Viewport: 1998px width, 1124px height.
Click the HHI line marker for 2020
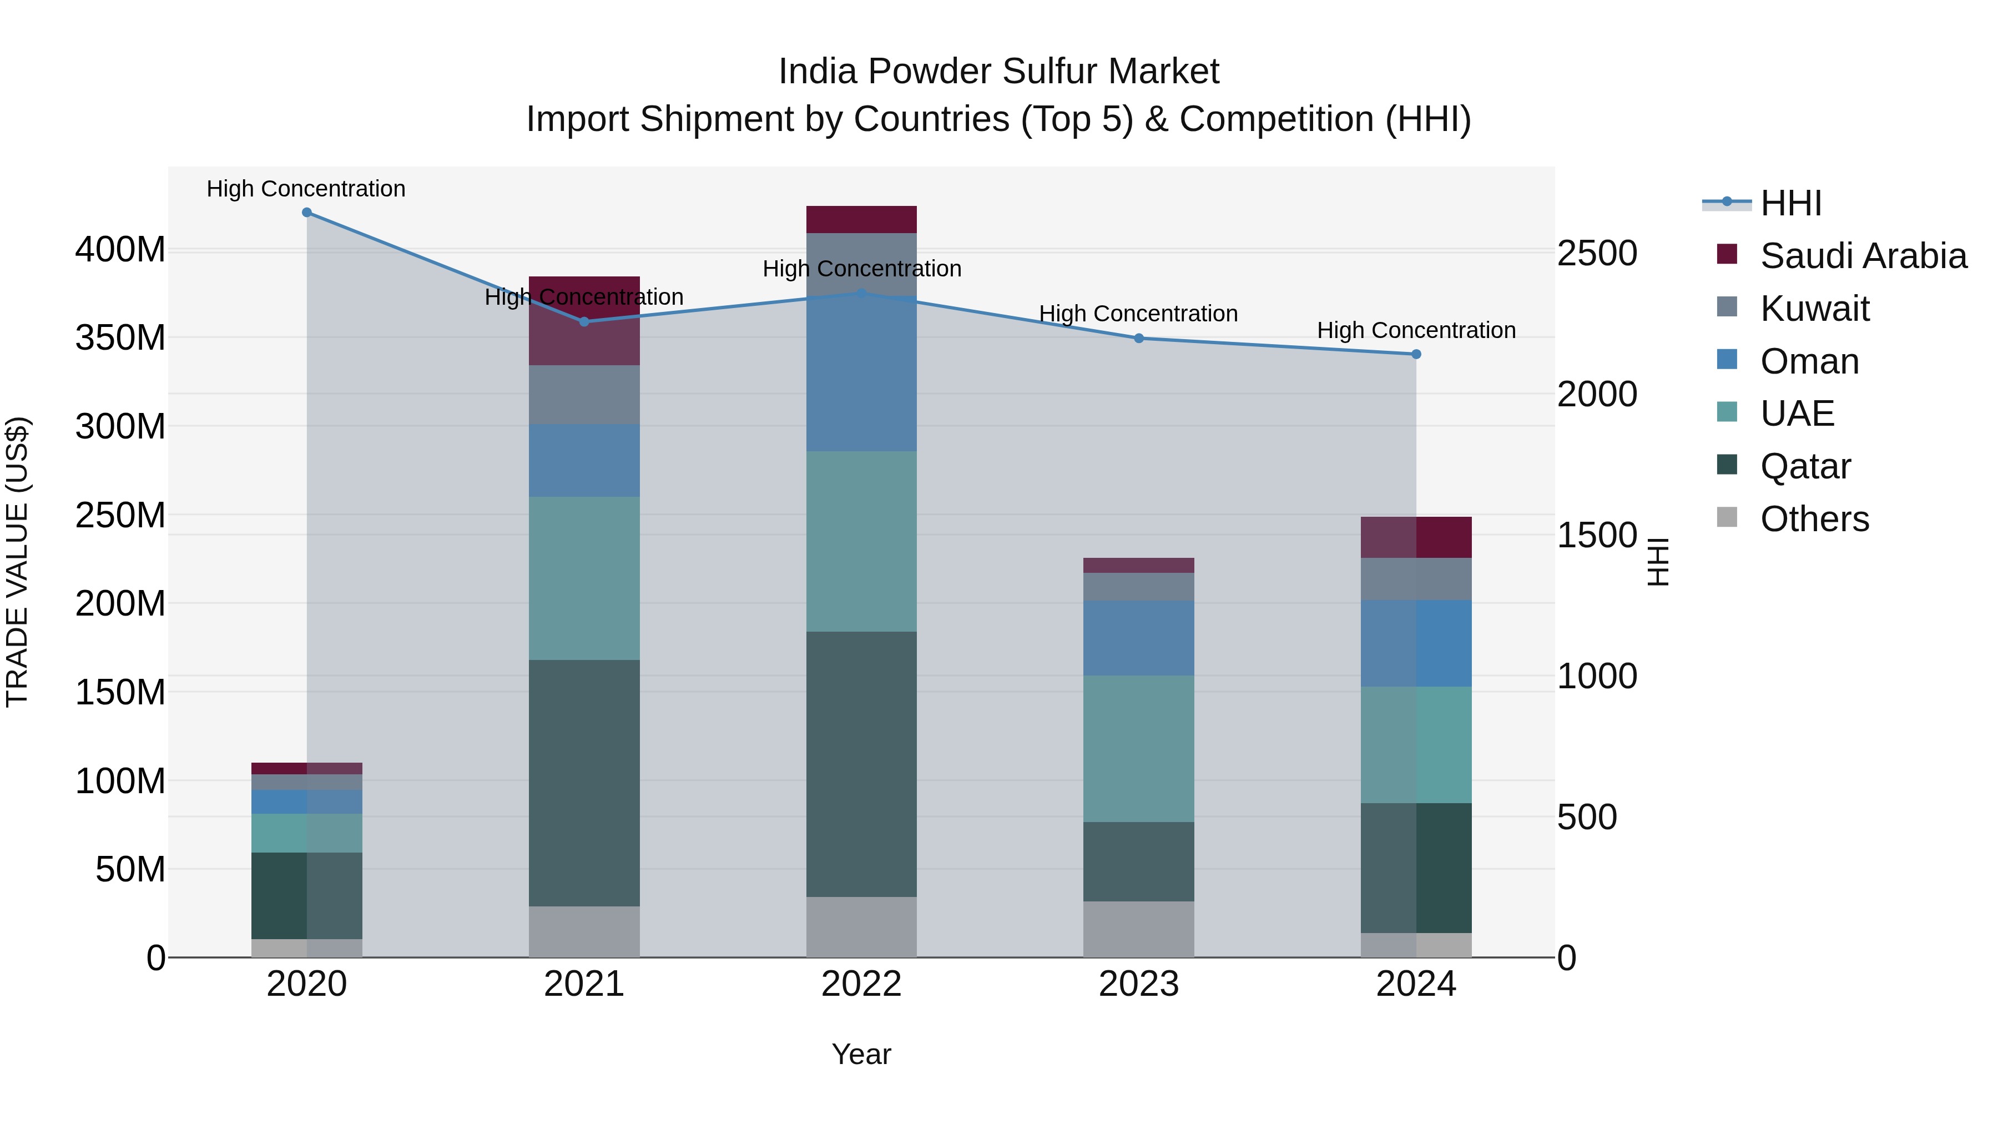(x=306, y=213)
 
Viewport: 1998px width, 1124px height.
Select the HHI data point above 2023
(x=1139, y=338)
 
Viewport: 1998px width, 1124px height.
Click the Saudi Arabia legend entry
(x=1863, y=255)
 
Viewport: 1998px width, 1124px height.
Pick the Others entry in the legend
(x=1814, y=518)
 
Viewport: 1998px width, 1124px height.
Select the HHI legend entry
(x=1790, y=203)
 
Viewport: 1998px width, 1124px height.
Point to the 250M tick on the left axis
(x=120, y=515)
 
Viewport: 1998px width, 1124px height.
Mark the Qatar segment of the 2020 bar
(x=306, y=895)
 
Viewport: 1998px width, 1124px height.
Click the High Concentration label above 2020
(x=306, y=189)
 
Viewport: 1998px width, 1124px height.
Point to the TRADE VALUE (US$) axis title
(x=18, y=562)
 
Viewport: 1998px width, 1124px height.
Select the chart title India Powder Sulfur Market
(x=998, y=72)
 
